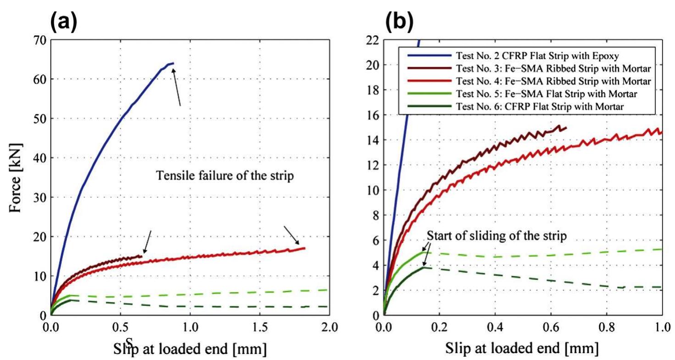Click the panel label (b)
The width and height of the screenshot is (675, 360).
(399, 21)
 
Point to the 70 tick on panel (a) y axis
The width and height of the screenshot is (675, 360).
(40, 40)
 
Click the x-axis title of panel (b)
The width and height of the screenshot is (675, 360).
(522, 348)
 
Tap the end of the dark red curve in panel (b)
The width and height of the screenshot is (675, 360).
(566, 128)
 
